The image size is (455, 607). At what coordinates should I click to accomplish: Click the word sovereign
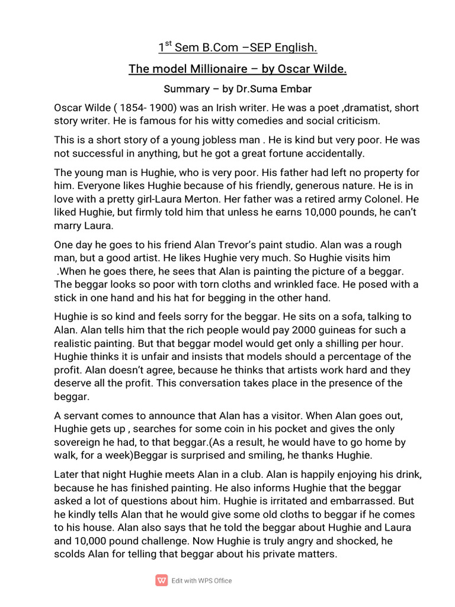point(76,442)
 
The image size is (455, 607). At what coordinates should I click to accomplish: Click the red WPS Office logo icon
point(161,580)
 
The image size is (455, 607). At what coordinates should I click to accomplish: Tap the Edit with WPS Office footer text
point(202,581)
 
